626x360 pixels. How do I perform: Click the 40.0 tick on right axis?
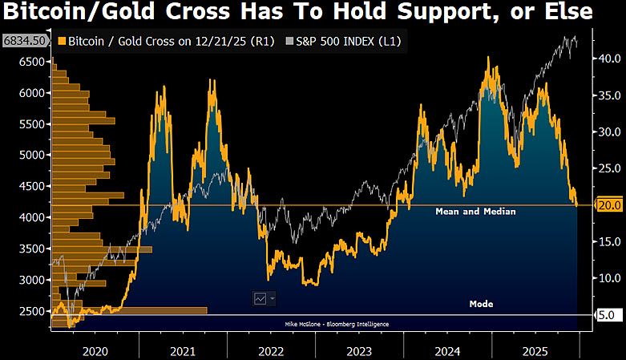click(x=607, y=59)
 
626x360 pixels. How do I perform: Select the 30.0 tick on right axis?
click(x=607, y=131)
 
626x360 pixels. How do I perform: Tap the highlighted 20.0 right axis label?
click(x=607, y=205)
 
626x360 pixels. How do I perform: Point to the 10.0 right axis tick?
click(x=607, y=278)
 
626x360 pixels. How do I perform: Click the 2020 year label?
click(x=94, y=350)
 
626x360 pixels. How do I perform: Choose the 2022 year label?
click(x=271, y=350)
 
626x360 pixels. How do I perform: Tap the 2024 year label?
click(x=448, y=350)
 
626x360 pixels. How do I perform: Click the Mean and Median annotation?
click(x=475, y=212)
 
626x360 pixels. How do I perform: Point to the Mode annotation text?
click(x=481, y=304)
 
